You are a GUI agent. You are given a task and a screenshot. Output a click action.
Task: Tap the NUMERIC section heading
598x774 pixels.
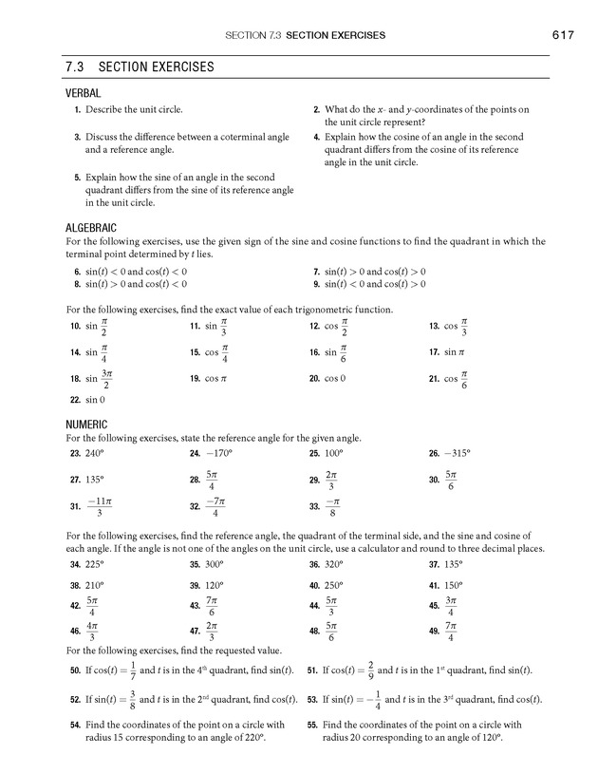pos(86,425)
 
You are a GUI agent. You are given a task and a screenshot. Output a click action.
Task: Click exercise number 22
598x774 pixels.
pos(74,400)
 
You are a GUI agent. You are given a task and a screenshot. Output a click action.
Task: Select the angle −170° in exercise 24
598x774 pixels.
pos(217,453)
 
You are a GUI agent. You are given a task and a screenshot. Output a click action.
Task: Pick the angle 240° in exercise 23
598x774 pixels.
pos(95,453)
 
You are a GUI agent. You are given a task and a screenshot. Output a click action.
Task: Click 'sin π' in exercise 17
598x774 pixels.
pos(460,352)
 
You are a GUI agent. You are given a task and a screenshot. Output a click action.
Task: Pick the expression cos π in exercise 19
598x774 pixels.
pos(216,378)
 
